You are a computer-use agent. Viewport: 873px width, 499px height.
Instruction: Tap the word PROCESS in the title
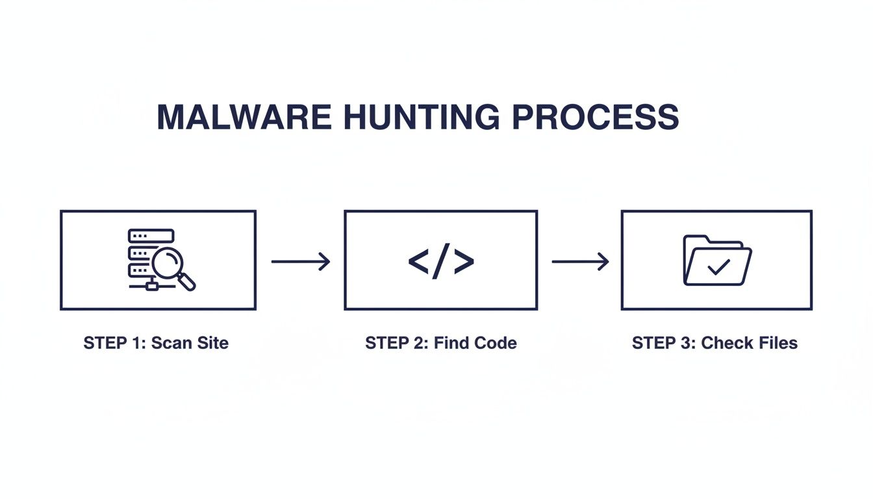[595, 118]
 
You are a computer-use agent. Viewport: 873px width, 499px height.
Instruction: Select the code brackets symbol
[441, 261]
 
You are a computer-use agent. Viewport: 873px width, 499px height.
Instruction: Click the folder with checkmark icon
[717, 260]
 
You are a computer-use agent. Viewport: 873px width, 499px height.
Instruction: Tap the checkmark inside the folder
[718, 266]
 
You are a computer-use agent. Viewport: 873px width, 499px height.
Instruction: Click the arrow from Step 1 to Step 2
[300, 261]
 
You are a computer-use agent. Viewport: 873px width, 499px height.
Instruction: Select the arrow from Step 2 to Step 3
[580, 261]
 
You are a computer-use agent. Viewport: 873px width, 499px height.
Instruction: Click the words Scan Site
[190, 343]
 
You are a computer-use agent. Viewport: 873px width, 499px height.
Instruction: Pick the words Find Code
[475, 343]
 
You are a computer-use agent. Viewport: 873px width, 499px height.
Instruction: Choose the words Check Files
[749, 343]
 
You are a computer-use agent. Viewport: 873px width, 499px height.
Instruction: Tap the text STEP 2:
[396, 343]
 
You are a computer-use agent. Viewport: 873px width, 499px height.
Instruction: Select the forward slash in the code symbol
[441, 261]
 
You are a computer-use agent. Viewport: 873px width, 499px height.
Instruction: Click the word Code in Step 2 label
[495, 343]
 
